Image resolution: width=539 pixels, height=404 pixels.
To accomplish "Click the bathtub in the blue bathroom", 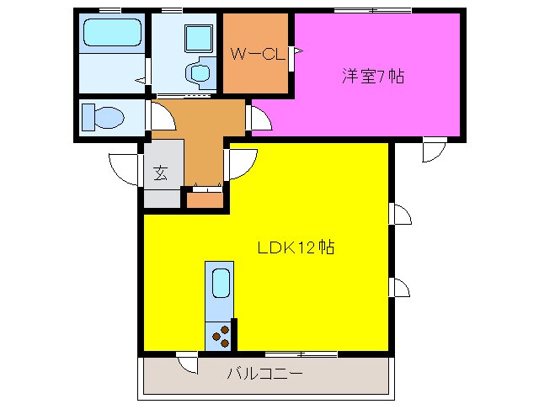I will (111, 35).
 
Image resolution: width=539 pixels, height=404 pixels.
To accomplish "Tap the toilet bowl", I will (100, 116).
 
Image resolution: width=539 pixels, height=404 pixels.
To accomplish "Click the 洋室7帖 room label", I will (372, 76).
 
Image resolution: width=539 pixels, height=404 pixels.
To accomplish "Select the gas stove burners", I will (221, 336).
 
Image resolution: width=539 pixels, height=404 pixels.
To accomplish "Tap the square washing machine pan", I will (199, 36).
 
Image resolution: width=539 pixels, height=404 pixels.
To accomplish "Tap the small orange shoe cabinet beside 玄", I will (203, 200).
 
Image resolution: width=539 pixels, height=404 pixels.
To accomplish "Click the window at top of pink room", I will (372, 10).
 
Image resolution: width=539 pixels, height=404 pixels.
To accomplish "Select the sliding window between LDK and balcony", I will (302, 353).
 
